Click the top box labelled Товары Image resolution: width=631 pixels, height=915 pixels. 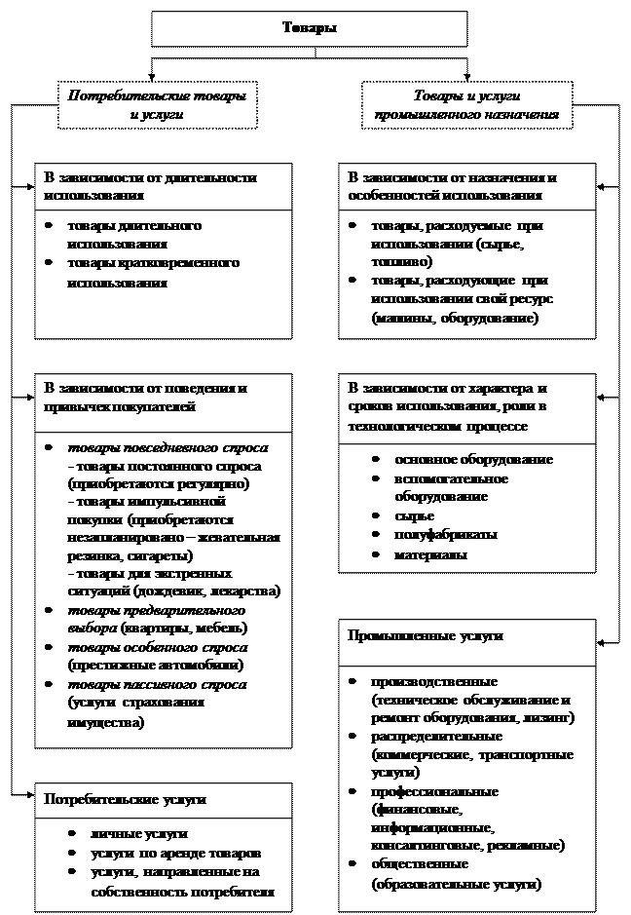click(x=309, y=28)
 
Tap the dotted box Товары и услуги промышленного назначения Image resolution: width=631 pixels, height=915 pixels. click(x=466, y=105)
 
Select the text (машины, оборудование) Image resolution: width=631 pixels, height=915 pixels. click(x=454, y=319)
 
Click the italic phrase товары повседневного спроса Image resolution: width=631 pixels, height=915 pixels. click(x=167, y=447)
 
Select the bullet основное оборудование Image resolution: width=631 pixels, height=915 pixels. click(x=473, y=459)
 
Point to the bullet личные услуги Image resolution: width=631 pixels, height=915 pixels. click(x=138, y=834)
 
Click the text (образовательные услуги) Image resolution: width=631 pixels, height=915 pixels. click(x=455, y=883)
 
